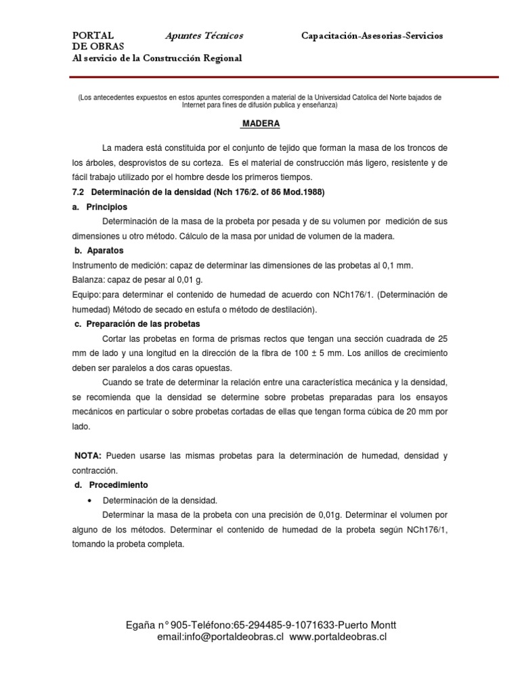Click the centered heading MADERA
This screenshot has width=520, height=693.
coord(261,125)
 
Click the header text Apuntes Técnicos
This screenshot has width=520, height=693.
coord(204,35)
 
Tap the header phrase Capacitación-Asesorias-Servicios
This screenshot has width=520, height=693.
coord(372,35)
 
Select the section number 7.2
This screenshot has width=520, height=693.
coord(79,192)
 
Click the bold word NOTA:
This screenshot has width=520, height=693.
coord(87,456)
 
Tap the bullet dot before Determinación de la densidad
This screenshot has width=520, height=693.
coord(89,501)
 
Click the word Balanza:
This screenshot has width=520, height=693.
coord(90,280)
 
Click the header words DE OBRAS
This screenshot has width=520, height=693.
coord(98,46)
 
